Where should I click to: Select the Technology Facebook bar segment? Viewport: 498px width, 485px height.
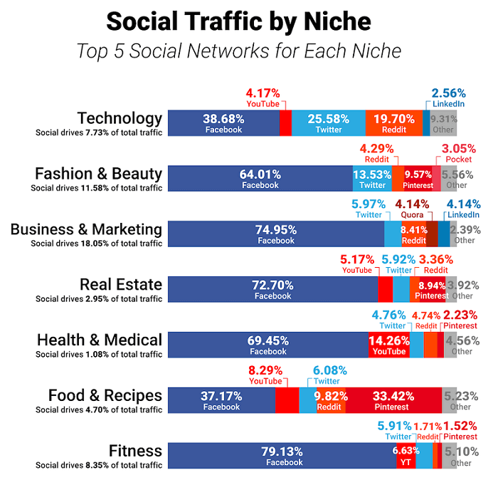[223, 123]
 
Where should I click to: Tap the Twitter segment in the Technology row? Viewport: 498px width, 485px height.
[329, 123]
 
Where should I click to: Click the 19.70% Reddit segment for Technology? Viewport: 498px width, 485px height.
[393, 123]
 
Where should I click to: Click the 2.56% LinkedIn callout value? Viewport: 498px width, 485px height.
[449, 93]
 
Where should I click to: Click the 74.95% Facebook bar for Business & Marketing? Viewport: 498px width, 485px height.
[275, 234]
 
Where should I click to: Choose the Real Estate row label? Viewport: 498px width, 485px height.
[120, 284]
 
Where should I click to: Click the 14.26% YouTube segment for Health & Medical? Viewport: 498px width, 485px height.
[388, 345]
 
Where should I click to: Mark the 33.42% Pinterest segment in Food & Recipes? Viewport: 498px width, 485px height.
[393, 401]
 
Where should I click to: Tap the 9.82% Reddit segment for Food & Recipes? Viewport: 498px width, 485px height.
[329, 401]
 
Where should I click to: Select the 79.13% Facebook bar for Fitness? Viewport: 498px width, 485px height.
[284, 457]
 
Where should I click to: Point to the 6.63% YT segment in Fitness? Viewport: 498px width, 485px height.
[406, 457]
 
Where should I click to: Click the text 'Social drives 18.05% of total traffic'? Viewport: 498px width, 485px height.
[96, 244]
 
